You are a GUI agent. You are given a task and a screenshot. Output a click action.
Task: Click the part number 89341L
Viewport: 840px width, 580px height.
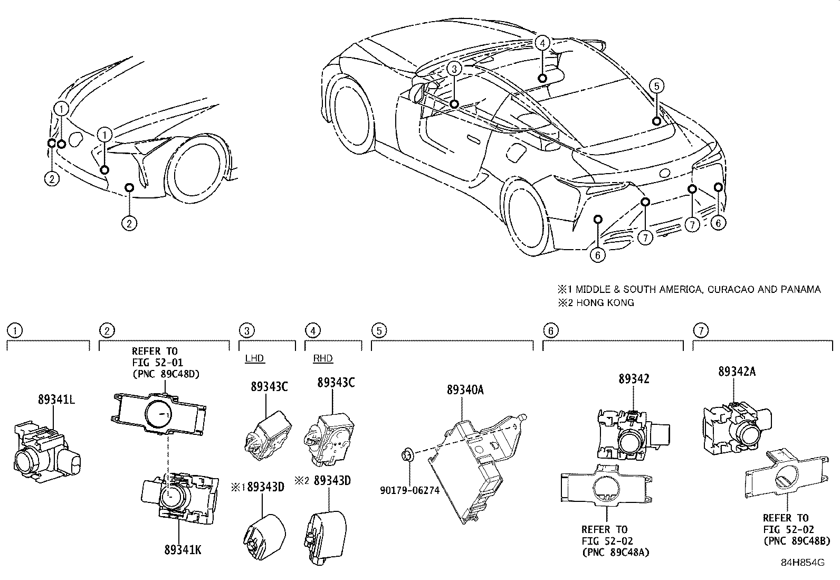pos(56,400)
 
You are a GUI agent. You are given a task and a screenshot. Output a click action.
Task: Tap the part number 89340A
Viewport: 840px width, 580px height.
pos(465,390)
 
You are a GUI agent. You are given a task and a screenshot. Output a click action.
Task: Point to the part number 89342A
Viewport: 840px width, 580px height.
pos(736,371)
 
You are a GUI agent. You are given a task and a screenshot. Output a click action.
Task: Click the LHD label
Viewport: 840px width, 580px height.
pos(254,358)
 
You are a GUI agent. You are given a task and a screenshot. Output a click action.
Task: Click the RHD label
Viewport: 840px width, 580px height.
pos(323,358)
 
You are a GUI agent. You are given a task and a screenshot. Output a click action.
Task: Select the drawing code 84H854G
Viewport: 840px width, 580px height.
pos(803,563)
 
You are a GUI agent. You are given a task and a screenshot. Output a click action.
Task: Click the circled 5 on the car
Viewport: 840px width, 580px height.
pos(656,85)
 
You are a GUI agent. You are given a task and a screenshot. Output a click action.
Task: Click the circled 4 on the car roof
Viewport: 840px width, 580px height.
pos(542,42)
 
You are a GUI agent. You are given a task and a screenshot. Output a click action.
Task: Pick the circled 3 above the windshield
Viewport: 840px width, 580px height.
pos(455,69)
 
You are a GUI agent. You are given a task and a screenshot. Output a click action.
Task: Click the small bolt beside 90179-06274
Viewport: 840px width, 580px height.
pos(407,454)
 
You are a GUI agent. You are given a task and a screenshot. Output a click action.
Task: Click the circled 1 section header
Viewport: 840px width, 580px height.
pos(14,331)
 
